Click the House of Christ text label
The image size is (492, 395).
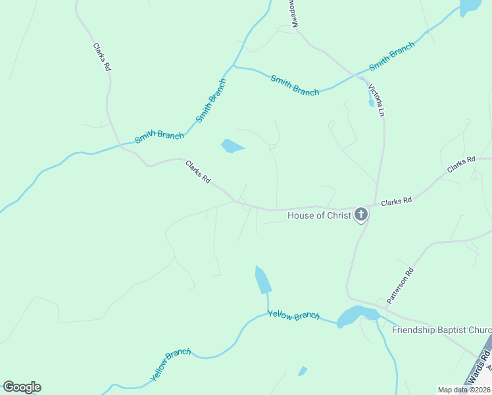(x=319, y=215)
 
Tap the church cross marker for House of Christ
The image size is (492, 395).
(x=361, y=214)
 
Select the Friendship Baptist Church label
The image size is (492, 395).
(x=441, y=330)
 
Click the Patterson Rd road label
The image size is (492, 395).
(x=400, y=285)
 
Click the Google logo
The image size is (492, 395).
(x=22, y=387)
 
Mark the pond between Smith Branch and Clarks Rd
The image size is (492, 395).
(x=232, y=145)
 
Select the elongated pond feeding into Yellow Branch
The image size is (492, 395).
(x=263, y=280)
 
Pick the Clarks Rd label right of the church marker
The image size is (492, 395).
(x=396, y=201)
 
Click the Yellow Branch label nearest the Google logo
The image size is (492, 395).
(x=170, y=365)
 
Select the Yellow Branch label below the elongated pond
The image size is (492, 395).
(x=293, y=315)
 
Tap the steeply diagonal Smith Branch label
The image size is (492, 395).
(x=211, y=101)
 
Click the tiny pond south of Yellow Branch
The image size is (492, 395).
(x=303, y=371)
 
